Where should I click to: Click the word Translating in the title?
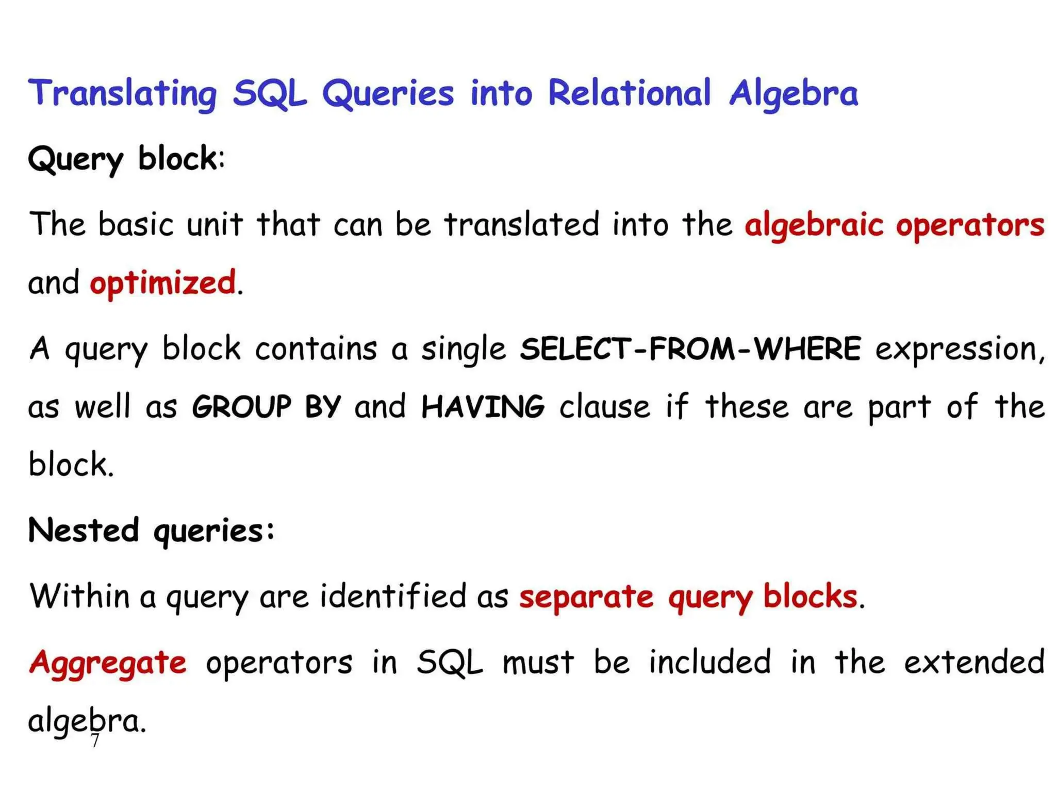123,94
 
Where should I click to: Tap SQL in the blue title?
269,94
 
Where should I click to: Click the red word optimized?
163,283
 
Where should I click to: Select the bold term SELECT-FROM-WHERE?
690,349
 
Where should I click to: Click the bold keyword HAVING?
483,406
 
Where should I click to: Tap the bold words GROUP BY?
266,406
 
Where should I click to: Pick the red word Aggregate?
108,663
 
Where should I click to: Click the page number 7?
94,741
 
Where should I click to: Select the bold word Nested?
84,530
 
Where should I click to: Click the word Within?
79,596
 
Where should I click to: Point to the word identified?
393,596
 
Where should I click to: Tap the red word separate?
586,597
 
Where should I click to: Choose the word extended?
974,662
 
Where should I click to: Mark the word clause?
605,406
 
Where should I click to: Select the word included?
709,662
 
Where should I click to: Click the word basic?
136,225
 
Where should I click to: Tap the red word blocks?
810,596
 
